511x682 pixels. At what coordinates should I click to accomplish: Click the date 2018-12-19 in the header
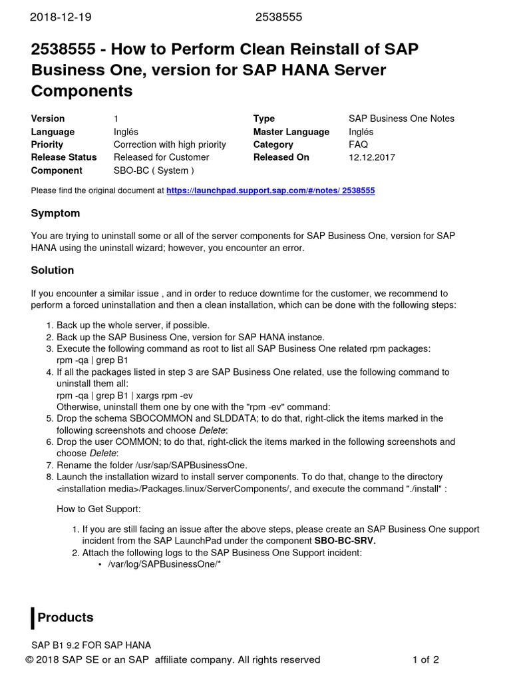coord(60,17)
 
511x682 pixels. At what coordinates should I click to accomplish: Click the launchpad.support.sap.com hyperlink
coord(270,190)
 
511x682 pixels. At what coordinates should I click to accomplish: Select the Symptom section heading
coord(55,213)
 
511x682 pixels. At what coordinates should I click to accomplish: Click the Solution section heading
coord(53,270)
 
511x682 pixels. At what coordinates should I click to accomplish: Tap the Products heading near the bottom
coord(65,617)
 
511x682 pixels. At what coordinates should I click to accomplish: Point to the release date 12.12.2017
coord(371,157)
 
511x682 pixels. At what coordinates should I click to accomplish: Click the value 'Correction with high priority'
coord(170,145)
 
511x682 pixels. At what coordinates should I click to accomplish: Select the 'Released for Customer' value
coord(161,157)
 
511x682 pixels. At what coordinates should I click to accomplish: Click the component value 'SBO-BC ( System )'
coord(154,170)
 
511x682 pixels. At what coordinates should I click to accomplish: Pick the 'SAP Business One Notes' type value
coord(401,119)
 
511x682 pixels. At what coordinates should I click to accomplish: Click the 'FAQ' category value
coord(358,145)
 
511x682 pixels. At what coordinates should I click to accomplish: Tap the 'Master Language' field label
coord(291,132)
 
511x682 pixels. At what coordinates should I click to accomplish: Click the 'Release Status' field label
coord(64,157)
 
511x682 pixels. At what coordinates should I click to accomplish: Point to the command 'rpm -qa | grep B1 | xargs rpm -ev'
coord(125,396)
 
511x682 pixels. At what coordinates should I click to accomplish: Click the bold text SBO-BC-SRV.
coord(345,541)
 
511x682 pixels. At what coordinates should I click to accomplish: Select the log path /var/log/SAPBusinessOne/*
coord(164,565)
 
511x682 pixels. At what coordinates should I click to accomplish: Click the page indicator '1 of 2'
coord(425,660)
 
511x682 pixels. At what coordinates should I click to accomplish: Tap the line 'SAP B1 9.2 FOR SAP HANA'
coord(92,645)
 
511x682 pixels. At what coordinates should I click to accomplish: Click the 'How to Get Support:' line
coord(98,510)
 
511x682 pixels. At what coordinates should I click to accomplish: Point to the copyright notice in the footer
coord(173,660)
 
